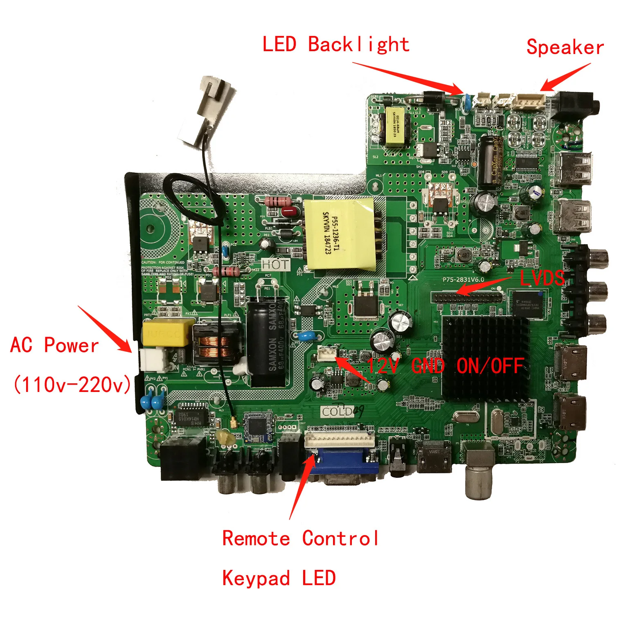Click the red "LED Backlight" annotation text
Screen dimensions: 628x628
tap(335, 44)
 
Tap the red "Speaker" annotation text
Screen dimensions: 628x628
tap(565, 47)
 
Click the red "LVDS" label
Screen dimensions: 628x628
tap(542, 278)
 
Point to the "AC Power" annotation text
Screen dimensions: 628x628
tap(54, 345)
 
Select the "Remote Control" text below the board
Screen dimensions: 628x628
tap(301, 538)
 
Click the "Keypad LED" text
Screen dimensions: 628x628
tap(279, 578)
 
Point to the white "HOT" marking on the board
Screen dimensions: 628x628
tap(276, 264)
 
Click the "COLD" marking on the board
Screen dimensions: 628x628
tap(337, 411)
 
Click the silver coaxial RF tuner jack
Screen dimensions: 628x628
tap(479, 475)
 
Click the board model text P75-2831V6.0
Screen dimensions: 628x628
tap(463, 280)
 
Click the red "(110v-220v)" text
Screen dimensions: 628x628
tap(72, 385)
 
